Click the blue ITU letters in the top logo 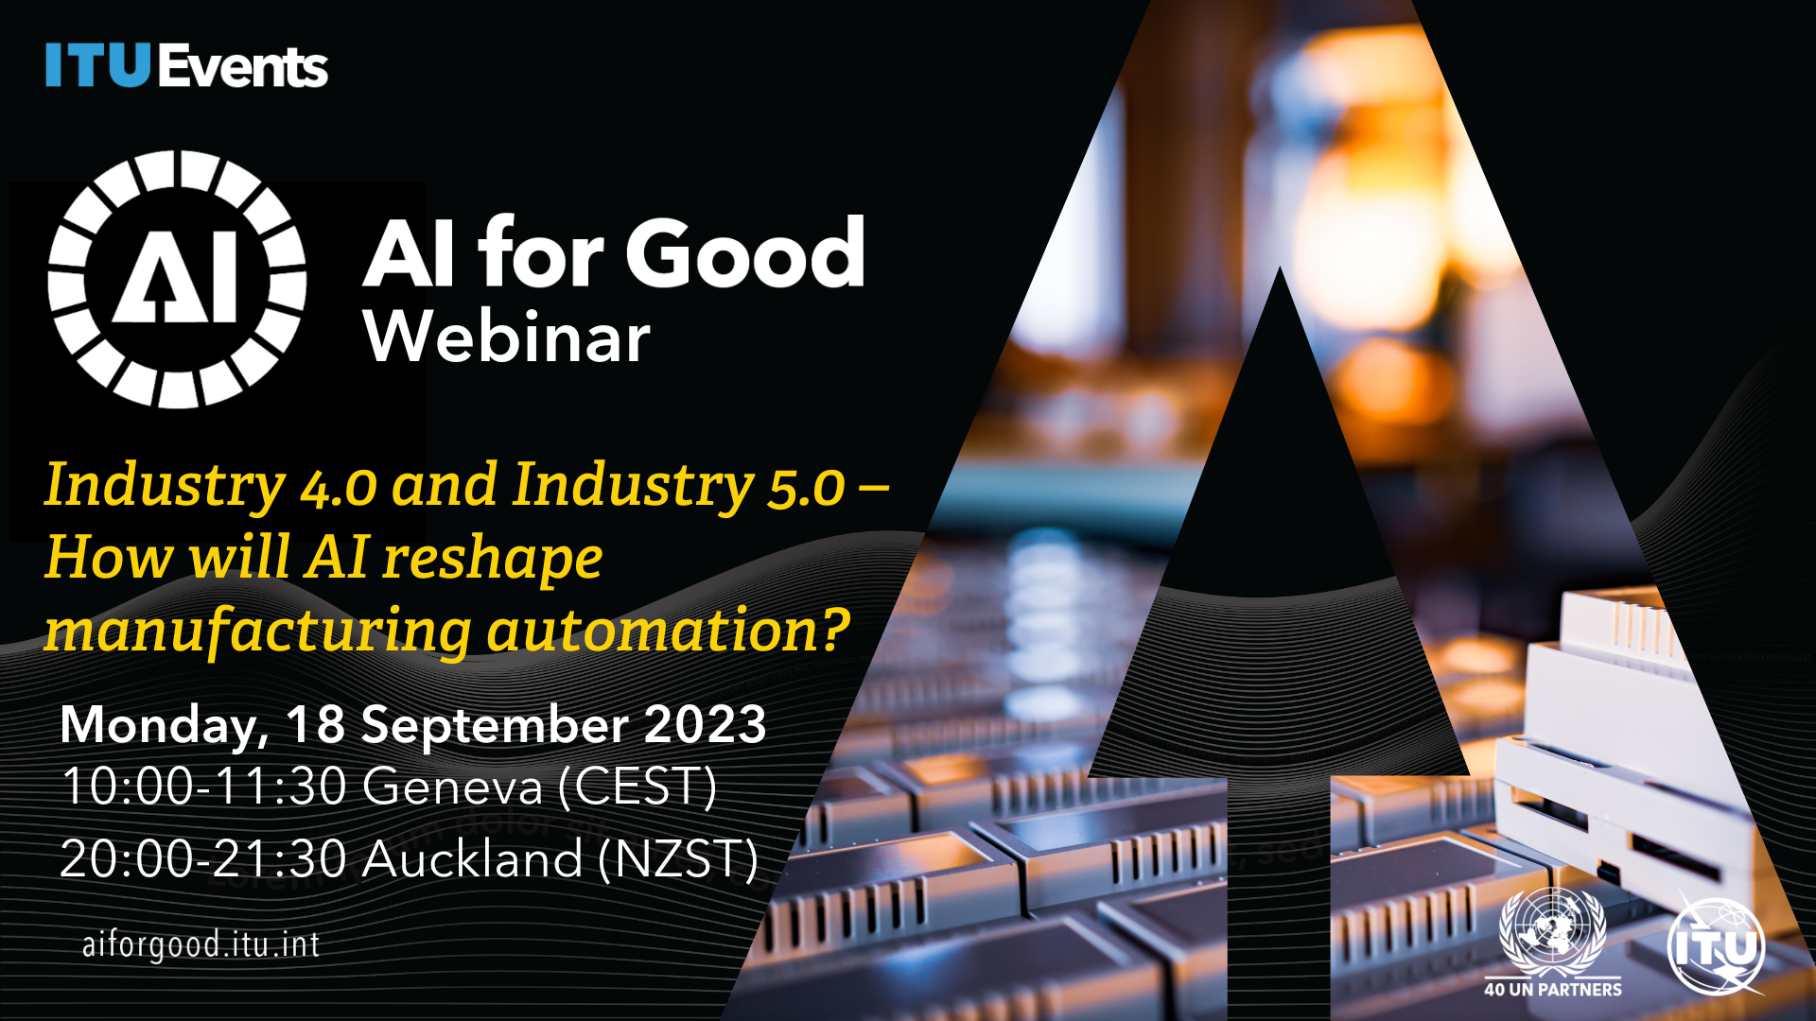pyautogui.click(x=98, y=65)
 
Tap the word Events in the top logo pyautogui.click(x=243, y=66)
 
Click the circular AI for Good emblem pyautogui.click(x=177, y=279)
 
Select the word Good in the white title pyautogui.click(x=744, y=252)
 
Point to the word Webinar pyautogui.click(x=507, y=337)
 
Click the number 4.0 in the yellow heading pyautogui.click(x=339, y=488)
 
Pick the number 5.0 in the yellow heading pyautogui.click(x=806, y=488)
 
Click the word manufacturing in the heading pyautogui.click(x=257, y=632)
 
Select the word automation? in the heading pyautogui.click(x=669, y=630)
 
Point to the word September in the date pyautogui.click(x=495, y=726)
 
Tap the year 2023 pyautogui.click(x=705, y=724)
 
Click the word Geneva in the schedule pyautogui.click(x=453, y=787)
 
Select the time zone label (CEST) pyautogui.click(x=637, y=787)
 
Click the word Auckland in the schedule pyautogui.click(x=472, y=859)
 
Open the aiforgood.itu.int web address pyautogui.click(x=201, y=944)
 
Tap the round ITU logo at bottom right pyautogui.click(x=1716, y=946)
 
